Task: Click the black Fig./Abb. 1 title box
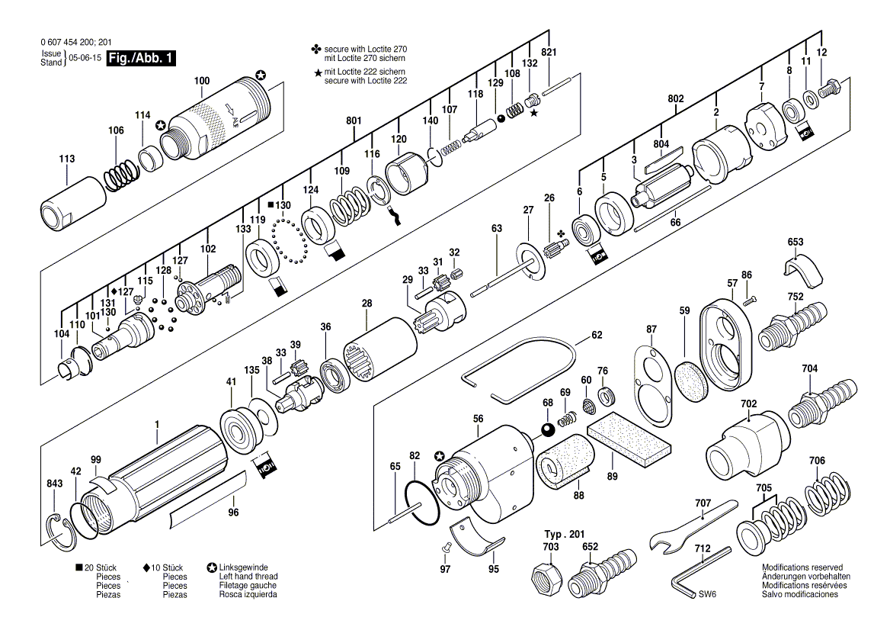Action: [141, 58]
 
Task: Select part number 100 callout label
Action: [202, 81]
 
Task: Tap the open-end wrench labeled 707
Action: [693, 525]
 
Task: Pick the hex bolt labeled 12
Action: [831, 88]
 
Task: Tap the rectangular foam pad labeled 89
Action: [628, 435]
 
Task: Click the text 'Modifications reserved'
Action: [802, 567]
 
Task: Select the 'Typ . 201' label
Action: [564, 535]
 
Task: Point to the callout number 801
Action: [353, 121]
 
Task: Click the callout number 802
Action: [675, 99]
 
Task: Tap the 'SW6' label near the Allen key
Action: [707, 594]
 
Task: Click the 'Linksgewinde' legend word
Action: [244, 567]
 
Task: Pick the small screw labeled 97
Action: [446, 547]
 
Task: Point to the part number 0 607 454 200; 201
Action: [76, 42]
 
